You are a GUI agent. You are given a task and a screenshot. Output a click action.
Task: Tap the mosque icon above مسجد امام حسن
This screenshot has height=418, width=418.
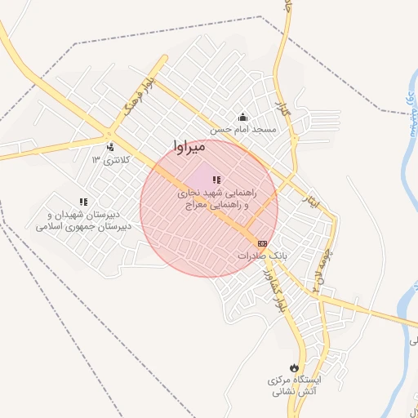point(242,117)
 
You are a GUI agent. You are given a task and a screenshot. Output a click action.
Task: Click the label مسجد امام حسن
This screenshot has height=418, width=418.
point(243,129)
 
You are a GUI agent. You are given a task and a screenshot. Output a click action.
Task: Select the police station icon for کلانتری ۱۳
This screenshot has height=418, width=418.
point(110,148)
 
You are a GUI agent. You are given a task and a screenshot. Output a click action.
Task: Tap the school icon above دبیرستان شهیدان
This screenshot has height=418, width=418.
point(82,201)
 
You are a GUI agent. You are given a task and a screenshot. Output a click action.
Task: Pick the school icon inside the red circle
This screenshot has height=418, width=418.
point(216,180)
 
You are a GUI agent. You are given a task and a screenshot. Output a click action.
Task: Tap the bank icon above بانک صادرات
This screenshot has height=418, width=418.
point(262,243)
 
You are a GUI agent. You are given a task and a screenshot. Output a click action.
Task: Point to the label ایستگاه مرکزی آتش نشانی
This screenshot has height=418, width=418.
point(296,386)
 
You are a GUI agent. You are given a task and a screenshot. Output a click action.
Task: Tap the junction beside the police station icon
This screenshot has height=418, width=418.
point(109,134)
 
